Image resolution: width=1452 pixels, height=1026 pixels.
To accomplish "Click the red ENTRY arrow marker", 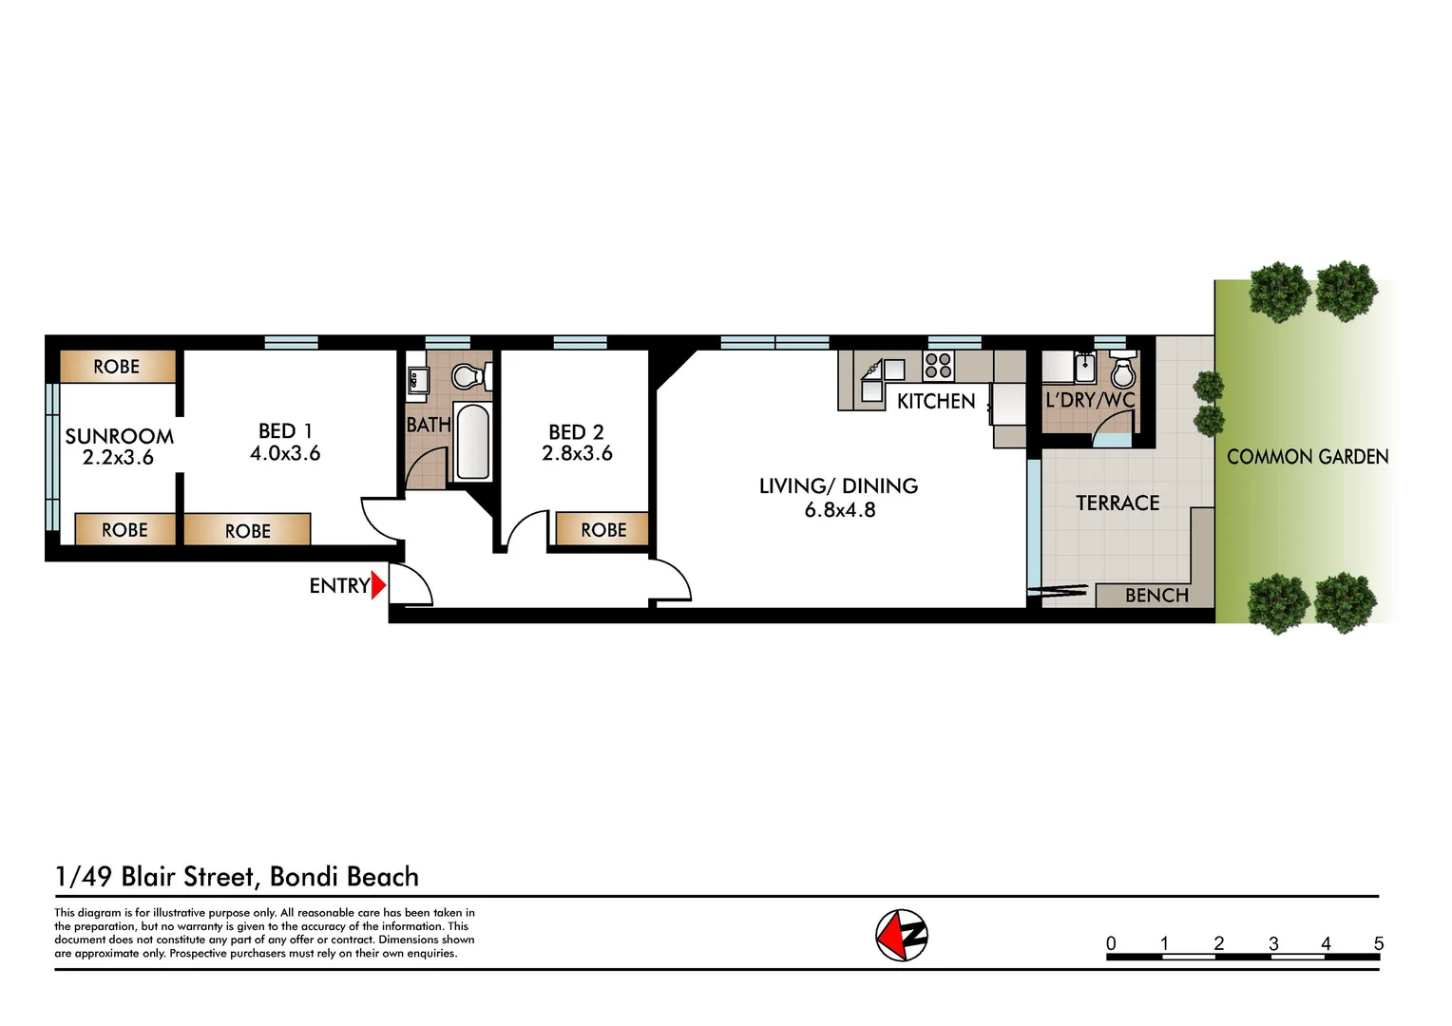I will coord(378,585).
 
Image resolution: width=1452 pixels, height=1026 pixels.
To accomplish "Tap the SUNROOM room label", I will coord(119,436).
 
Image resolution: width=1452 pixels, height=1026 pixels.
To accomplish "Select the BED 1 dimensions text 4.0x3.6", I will coord(285,454).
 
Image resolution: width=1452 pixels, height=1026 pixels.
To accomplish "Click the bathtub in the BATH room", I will coord(472,442).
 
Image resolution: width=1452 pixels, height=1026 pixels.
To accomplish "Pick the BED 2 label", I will coord(576,432).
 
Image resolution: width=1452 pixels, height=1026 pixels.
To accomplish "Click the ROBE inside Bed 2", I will coord(603,529).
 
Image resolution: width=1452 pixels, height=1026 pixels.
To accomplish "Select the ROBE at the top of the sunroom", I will coord(117,367).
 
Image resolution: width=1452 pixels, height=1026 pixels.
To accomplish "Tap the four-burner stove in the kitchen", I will coord(938,366).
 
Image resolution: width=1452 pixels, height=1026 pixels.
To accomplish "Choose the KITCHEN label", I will coord(936,401).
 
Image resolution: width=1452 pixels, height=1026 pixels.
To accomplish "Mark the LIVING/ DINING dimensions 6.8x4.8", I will coord(840,510).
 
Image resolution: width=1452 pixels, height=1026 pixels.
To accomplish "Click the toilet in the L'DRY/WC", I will coord(1123,371).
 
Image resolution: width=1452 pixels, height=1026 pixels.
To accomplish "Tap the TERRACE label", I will coord(1118,503).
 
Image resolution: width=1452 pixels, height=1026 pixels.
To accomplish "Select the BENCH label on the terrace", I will coord(1156,596).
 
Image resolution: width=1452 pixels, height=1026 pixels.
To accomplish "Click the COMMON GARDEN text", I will coord(1308,457).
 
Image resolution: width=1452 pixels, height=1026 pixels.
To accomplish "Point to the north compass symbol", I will coord(901,936).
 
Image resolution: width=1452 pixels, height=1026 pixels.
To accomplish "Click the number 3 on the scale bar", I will coord(1273,943).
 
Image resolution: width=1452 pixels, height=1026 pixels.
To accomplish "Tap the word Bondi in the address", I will coord(303,876).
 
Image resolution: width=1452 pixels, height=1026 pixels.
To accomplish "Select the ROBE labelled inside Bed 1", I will coord(247,531).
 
